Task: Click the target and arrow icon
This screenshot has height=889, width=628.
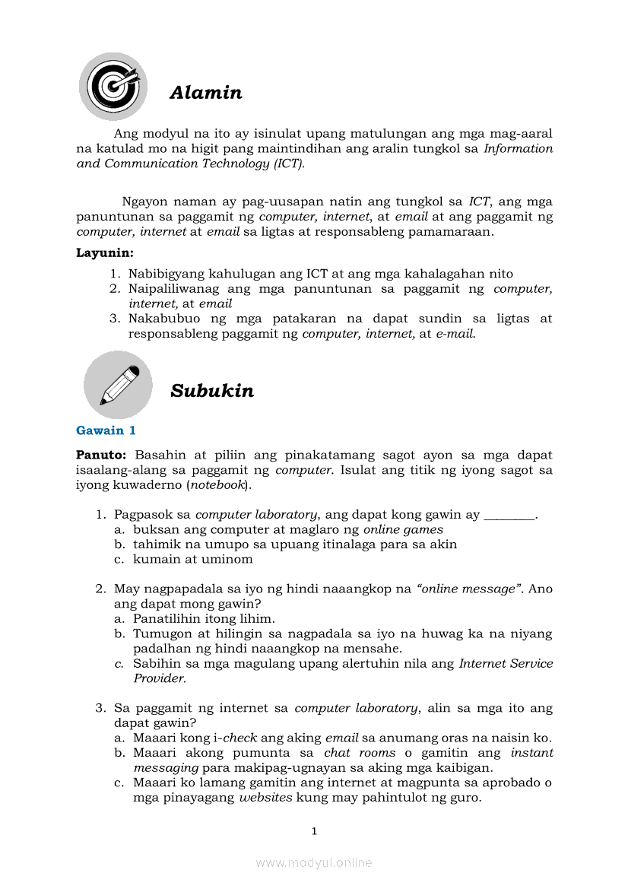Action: point(113,86)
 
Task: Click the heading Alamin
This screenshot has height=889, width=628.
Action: point(206,93)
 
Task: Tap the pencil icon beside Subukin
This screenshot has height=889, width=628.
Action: point(118,385)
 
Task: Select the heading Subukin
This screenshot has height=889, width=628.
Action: point(212,391)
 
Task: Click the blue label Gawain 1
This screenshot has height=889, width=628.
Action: point(106,430)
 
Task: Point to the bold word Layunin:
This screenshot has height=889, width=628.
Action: point(105,252)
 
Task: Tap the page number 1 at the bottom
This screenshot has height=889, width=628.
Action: point(313,831)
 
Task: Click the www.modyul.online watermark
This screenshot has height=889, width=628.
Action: point(313,862)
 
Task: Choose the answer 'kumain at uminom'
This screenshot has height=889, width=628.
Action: point(193,559)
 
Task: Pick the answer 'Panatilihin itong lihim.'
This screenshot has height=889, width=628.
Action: point(204,618)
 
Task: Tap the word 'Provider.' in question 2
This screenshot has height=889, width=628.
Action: point(160,678)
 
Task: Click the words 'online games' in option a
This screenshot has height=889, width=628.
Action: point(403,529)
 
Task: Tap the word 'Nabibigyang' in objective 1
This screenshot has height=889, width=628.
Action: point(169,274)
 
